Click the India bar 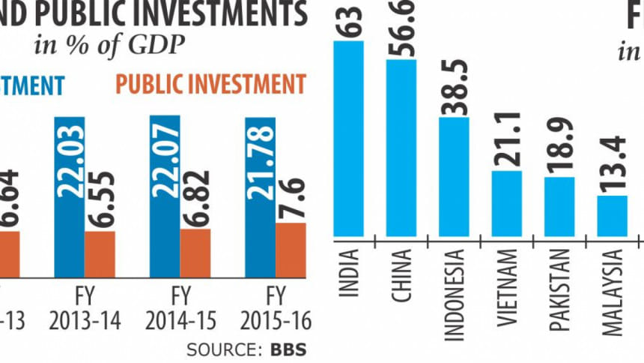(x=348, y=139)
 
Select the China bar (x=401, y=148)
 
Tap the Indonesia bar (x=453, y=176)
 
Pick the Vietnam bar (x=505, y=203)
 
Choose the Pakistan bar (x=558, y=207)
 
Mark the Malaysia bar (x=611, y=216)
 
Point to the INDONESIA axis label (x=454, y=295)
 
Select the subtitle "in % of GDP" (x=109, y=46)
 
